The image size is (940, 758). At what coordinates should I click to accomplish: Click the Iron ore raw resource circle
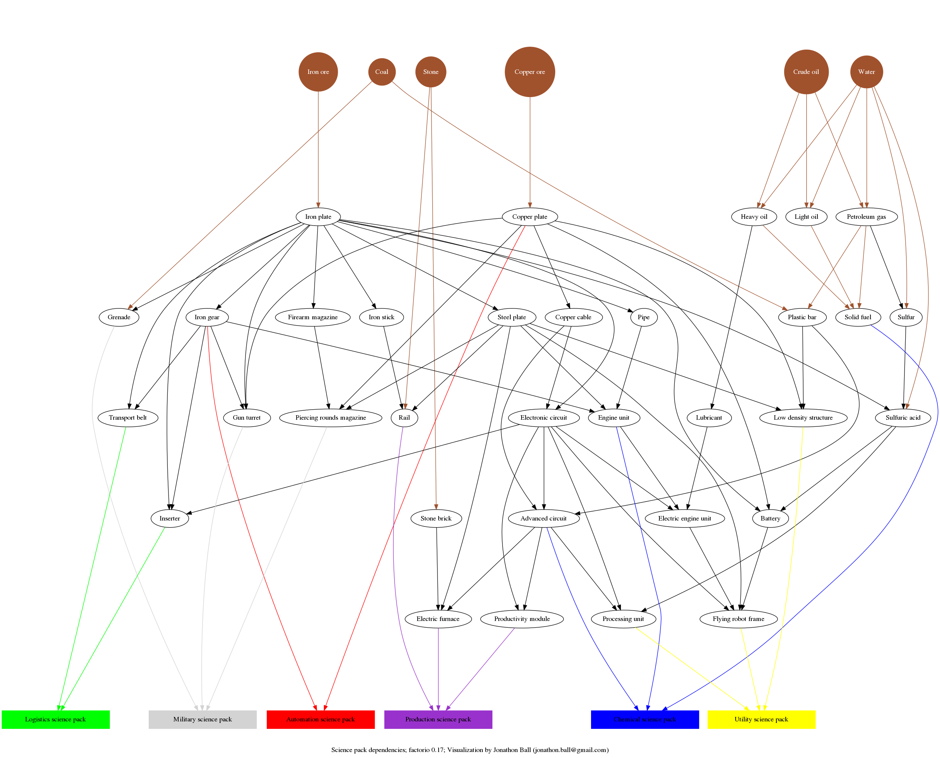(318, 72)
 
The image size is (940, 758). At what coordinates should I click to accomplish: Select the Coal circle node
(381, 72)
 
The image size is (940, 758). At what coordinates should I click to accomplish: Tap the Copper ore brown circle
(529, 72)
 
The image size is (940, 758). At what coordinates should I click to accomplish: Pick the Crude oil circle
(806, 72)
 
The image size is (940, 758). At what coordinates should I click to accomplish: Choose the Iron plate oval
(318, 217)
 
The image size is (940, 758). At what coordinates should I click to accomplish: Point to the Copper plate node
(529, 217)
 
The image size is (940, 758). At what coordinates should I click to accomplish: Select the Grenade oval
(119, 317)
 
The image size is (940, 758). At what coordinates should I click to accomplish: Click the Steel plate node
(511, 317)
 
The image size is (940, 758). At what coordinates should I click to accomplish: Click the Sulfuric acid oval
(903, 417)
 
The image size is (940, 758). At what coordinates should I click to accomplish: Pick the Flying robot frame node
(738, 619)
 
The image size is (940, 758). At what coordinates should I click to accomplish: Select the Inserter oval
(170, 518)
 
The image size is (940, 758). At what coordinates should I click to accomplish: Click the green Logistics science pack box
(55, 719)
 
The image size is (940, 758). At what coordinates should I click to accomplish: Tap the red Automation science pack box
(320, 719)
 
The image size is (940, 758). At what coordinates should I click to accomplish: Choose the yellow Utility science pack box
(761, 719)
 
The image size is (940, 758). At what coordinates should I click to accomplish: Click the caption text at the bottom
(470, 750)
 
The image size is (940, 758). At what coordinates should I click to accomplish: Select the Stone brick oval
(436, 518)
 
